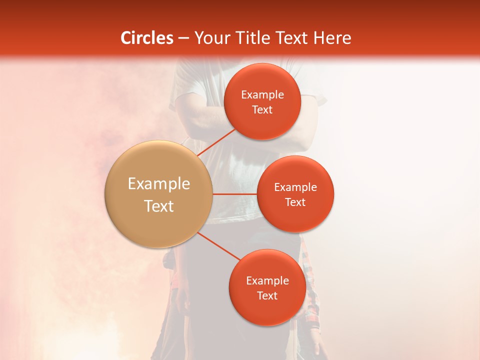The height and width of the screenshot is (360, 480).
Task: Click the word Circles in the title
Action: (146, 38)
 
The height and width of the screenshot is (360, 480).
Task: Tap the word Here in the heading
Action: (332, 38)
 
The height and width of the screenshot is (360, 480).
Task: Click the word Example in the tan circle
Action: (159, 184)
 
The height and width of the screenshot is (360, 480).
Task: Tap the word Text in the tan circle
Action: (159, 206)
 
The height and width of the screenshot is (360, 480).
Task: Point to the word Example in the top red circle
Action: (262, 95)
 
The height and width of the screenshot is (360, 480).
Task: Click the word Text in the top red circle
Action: (262, 110)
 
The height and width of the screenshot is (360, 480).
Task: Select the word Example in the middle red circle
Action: (295, 187)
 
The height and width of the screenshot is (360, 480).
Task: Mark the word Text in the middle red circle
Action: (295, 202)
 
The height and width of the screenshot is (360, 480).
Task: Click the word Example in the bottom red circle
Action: (267, 281)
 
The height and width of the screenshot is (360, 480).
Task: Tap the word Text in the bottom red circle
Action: (267, 296)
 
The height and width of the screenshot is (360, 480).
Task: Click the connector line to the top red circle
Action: (216, 142)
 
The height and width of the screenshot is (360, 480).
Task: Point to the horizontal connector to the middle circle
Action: (234, 194)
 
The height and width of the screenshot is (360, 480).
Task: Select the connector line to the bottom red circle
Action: (218, 246)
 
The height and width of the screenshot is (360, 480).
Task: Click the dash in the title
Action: (183, 38)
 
